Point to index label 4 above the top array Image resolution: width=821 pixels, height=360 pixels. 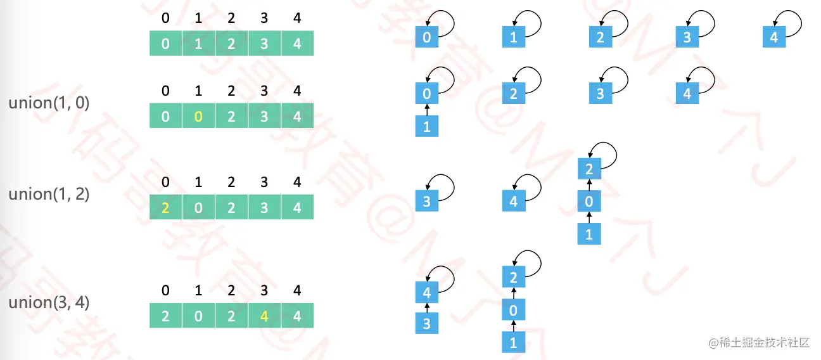tap(297, 18)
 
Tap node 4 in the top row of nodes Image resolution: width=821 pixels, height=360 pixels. tap(773, 37)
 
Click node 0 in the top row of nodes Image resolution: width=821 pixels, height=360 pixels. tap(426, 37)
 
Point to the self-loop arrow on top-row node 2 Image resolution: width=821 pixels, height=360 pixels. tap(615, 22)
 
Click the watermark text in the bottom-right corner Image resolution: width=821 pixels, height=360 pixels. tap(760, 343)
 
